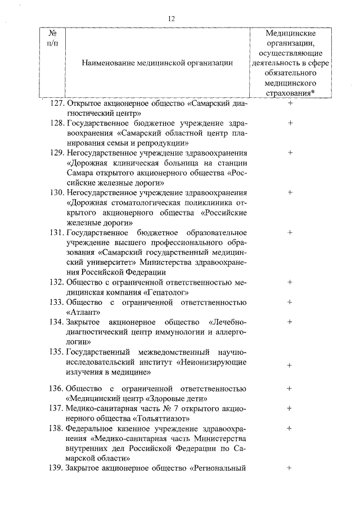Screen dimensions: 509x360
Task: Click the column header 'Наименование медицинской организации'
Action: click(157, 62)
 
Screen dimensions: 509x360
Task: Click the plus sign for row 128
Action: click(290, 122)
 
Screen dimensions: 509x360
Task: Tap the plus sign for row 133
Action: click(290, 302)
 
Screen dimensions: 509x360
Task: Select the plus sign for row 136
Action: click(290, 388)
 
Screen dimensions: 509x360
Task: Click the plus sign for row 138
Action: click(290, 428)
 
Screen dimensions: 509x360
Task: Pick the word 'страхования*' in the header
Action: click(290, 93)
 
